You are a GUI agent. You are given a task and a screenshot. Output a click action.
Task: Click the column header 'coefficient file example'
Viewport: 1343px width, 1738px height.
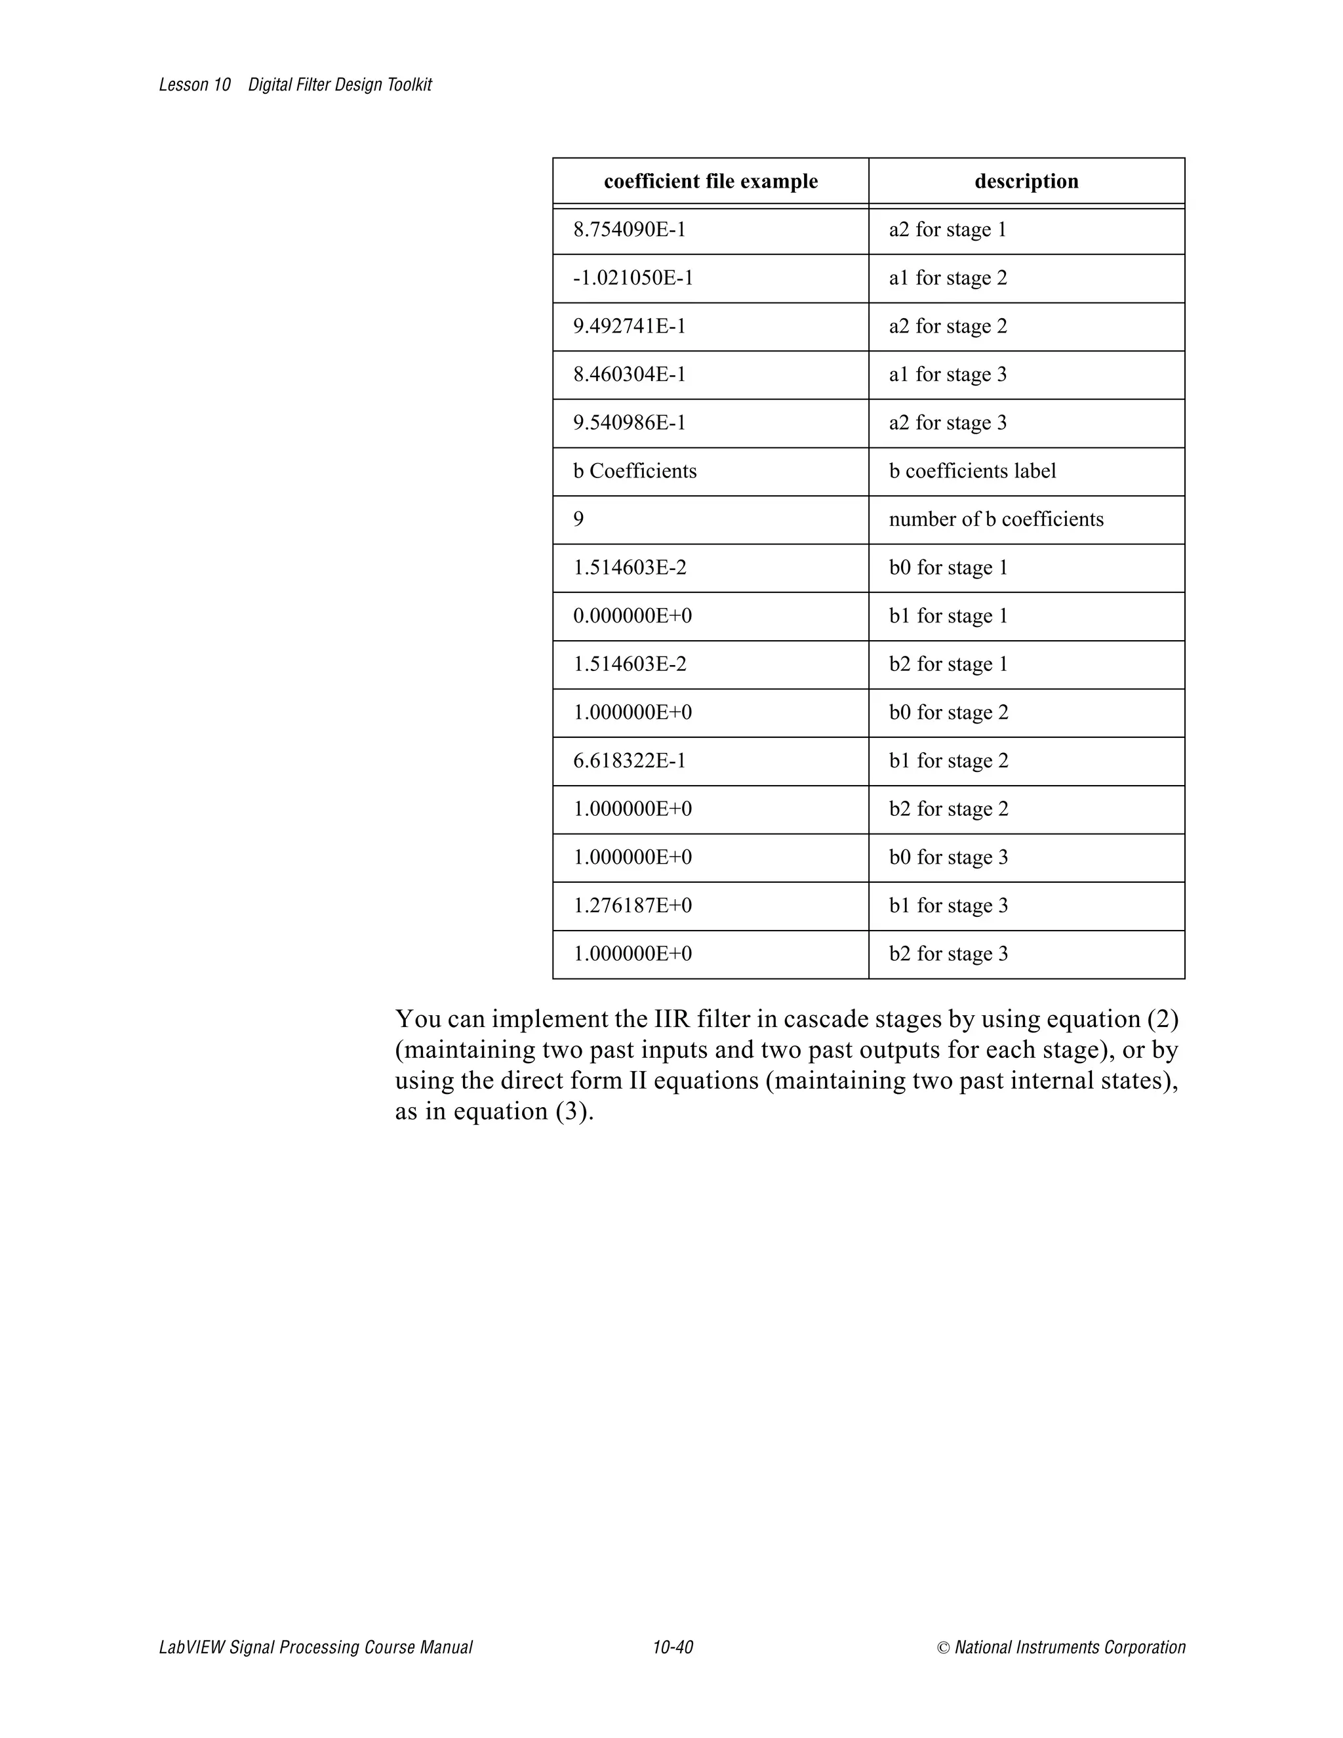click(x=710, y=182)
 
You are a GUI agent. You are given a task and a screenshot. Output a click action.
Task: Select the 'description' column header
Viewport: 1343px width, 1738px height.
click(x=1026, y=182)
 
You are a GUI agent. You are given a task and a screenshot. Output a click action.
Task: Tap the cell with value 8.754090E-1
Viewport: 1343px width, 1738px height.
click(x=630, y=230)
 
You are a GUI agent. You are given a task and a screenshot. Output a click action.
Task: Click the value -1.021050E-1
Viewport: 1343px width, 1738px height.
click(x=633, y=279)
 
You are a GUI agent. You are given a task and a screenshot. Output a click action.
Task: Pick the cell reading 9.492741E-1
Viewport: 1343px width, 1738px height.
click(x=630, y=326)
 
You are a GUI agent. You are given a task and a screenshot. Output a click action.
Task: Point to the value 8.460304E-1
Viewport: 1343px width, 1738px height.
click(x=630, y=374)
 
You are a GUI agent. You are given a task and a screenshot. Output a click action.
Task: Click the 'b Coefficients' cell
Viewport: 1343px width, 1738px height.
click(x=635, y=471)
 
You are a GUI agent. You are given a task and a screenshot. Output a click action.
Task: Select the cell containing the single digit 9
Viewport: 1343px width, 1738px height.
click(x=578, y=519)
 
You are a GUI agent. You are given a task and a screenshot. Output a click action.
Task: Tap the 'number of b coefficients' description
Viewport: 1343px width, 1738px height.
click(x=996, y=519)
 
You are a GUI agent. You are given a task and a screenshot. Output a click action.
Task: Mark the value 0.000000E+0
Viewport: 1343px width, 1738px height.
click(x=633, y=616)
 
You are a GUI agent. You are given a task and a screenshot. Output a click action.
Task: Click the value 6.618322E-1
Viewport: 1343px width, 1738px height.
click(x=630, y=761)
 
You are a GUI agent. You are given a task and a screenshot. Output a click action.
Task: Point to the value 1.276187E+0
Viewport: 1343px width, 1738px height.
click(x=633, y=906)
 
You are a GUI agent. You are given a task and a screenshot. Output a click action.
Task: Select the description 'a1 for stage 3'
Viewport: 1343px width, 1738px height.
click(x=948, y=374)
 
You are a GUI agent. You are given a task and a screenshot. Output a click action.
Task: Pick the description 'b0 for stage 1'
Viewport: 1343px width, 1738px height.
click(x=948, y=568)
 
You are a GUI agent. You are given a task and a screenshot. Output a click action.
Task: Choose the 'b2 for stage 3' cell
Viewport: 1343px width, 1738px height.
click(x=948, y=954)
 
